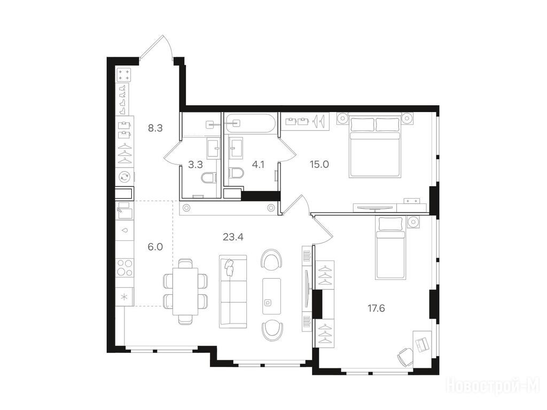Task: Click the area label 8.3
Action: [155, 128]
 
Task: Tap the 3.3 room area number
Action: [196, 164]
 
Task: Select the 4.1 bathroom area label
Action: [258, 164]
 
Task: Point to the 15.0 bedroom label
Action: [319, 164]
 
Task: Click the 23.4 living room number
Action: [233, 238]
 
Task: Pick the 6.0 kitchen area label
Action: [155, 247]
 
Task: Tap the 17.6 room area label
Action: [376, 308]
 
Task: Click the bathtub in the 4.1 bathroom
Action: [250, 123]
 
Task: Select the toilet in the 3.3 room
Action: [209, 178]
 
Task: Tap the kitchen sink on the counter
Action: [124, 210]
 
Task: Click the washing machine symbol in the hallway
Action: [124, 177]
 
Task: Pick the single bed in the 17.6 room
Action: [390, 248]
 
